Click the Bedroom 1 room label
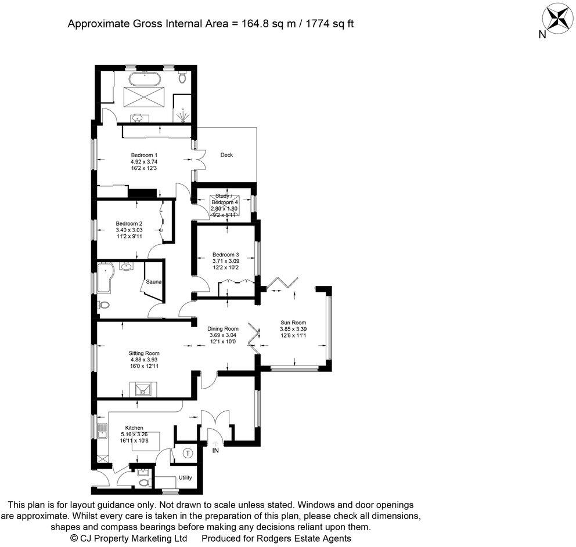(x=144, y=155)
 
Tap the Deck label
(x=226, y=155)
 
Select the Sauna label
(x=153, y=282)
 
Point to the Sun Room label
(x=293, y=323)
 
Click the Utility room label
(x=185, y=477)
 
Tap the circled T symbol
(x=188, y=453)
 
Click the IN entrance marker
(x=215, y=450)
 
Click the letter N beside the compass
(x=542, y=35)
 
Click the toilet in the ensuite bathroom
(x=182, y=77)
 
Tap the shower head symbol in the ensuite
(x=182, y=116)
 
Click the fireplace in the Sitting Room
(x=143, y=389)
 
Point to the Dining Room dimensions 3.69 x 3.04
(x=223, y=335)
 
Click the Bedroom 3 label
(x=225, y=255)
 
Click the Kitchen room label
(x=134, y=428)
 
